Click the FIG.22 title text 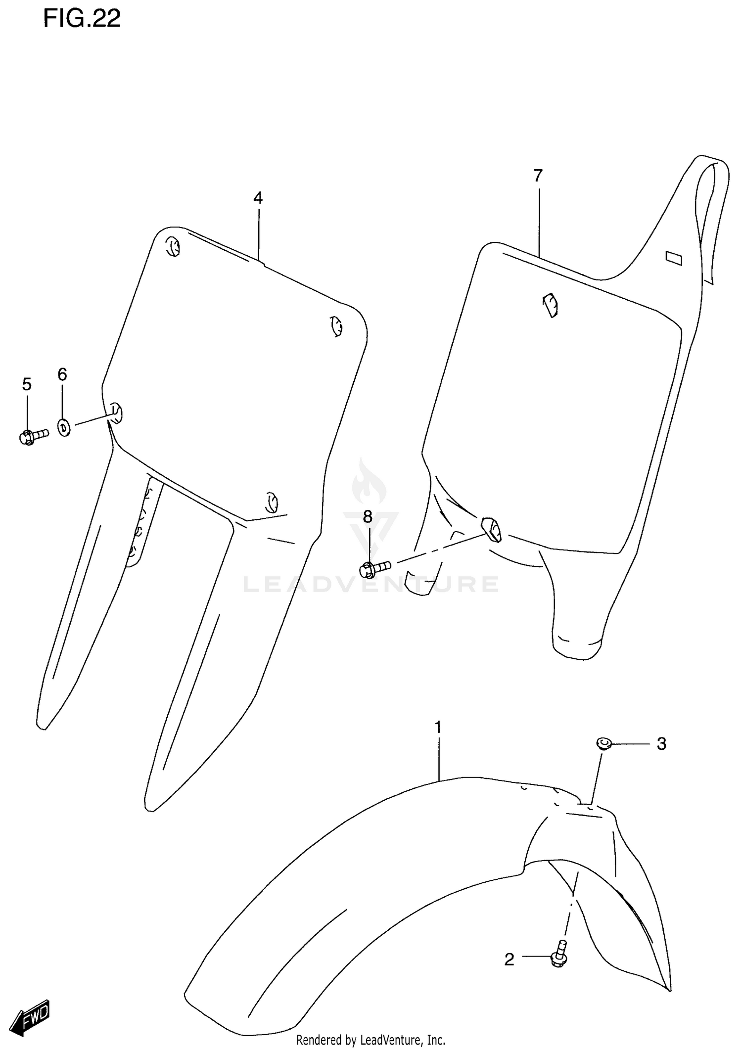pos(82,18)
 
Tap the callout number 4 pos(258,198)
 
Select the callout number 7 pos(538,175)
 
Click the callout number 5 pos(27,384)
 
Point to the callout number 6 pos(62,374)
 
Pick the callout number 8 pos(367,517)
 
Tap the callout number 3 pos(661,758)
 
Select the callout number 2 pos(509,960)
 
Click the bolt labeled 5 pos(33,436)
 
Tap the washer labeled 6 pos(64,427)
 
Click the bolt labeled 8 pos(374,569)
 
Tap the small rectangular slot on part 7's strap pos(674,258)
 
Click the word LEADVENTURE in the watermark pos(371,585)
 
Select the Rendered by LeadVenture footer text pos(371,1040)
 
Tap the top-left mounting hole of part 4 pos(172,246)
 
